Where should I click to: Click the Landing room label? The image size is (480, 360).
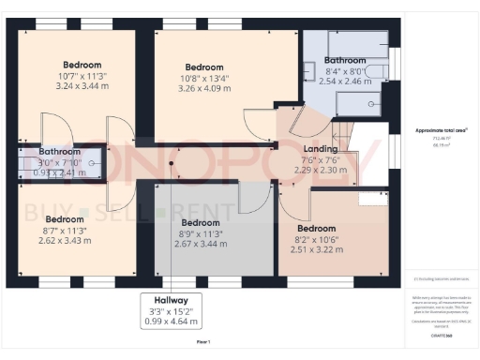pos(322,149)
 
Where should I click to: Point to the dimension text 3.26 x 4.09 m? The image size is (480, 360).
pos(204,90)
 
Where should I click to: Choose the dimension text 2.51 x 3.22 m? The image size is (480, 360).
pos(316,250)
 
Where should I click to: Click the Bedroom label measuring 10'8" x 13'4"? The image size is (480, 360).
pos(204,67)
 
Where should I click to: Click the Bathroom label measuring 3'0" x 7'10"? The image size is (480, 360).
pos(58,152)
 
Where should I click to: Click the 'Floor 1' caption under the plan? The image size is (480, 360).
pos(203,343)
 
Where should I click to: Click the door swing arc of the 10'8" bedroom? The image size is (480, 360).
pos(255,120)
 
